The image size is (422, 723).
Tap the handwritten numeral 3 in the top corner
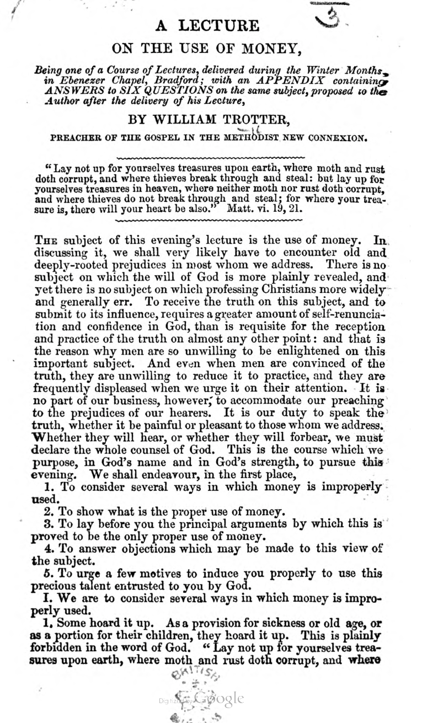329,20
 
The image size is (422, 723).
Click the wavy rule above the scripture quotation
211,157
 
